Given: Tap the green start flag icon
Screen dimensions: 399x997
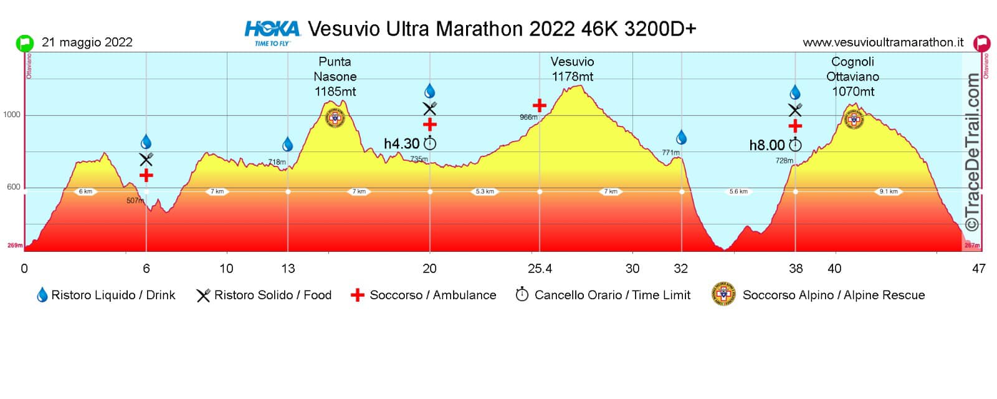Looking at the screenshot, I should (x=24, y=43).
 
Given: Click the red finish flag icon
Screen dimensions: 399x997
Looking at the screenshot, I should (x=982, y=44).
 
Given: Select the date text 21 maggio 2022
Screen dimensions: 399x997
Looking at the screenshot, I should (x=87, y=42).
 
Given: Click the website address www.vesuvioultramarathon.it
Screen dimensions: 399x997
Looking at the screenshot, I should (x=882, y=42).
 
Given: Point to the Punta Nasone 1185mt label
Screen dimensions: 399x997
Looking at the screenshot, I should (x=335, y=77).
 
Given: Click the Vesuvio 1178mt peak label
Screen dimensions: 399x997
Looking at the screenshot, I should (x=572, y=69).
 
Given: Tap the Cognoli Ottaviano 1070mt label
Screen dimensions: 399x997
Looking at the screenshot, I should (x=852, y=77).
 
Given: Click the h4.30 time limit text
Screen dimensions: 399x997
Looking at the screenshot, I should (x=402, y=144).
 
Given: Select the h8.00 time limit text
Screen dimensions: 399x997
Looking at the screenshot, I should (x=767, y=145).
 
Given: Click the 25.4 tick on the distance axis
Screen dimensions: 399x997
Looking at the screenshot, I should (x=540, y=269).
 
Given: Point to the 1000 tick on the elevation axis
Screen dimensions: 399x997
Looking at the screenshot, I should (x=12, y=115).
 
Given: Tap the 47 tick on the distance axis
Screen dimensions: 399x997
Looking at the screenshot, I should (x=979, y=269).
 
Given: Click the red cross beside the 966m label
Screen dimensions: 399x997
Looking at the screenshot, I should (x=539, y=105).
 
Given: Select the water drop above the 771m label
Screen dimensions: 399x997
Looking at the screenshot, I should (x=681, y=137).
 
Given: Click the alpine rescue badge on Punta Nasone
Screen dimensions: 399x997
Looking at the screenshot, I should (x=335, y=118).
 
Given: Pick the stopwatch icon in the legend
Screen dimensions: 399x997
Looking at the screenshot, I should (x=522, y=294).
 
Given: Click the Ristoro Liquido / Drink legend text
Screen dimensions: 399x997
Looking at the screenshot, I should (x=113, y=295).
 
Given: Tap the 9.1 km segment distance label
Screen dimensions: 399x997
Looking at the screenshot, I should (x=889, y=191).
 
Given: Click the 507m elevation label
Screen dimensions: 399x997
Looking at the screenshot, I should (x=135, y=201).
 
